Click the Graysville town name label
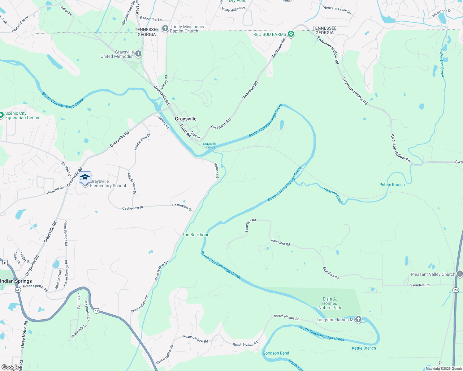pos(186,119)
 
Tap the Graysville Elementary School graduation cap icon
pos(85,177)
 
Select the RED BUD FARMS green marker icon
pos(291,34)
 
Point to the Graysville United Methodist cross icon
pos(138,54)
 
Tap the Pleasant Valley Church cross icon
pos(460,274)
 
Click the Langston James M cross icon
pos(358,319)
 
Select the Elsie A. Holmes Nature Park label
pos(330,303)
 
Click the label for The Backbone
pos(196,235)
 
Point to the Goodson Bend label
pos(276,353)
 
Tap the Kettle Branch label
pos(364,348)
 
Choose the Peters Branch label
pos(392,185)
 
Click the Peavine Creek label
pos(334,196)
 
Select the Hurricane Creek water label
pos(442,63)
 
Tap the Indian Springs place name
pos(16,281)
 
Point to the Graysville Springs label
pos(210,145)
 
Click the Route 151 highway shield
pos(455,290)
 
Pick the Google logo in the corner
pos(10,367)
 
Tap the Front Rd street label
pos(185,131)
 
